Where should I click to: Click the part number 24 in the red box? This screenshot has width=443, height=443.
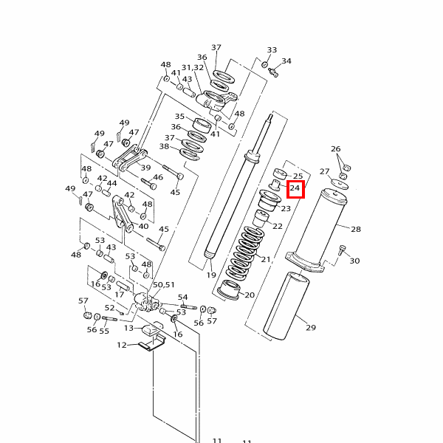point(295,190)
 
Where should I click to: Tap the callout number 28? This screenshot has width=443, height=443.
point(356,230)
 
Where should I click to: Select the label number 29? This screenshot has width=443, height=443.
point(311,328)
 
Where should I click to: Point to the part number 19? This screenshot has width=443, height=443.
point(211,275)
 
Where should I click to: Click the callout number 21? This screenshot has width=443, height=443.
point(266,259)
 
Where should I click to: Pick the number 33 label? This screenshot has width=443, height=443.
point(272,50)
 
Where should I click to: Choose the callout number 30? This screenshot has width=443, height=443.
point(354,261)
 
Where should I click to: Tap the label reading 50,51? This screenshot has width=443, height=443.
point(163,284)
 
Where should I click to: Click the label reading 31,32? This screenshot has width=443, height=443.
point(192,68)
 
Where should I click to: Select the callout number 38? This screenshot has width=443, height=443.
point(164,147)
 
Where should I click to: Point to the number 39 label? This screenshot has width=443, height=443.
point(145,168)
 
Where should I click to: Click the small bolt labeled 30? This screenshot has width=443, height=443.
point(343,250)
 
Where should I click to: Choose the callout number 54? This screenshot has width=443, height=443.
point(183,297)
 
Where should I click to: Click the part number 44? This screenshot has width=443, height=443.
point(112,183)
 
